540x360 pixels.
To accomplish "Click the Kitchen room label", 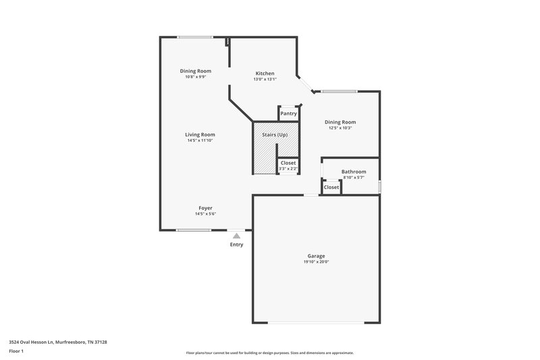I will (x=265, y=74).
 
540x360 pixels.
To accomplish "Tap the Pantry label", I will (x=288, y=113).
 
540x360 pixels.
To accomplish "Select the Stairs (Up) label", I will (x=275, y=135).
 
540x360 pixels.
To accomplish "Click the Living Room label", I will (x=200, y=134).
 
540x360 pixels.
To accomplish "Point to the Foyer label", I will (x=205, y=208).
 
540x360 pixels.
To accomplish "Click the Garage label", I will (x=316, y=256).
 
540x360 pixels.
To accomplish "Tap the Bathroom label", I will (x=353, y=172).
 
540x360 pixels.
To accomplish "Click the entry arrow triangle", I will (x=236, y=236).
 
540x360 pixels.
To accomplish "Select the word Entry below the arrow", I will (x=236, y=245).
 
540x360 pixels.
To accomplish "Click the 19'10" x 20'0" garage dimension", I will (x=316, y=262).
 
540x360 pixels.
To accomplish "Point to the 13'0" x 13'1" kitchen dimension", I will (x=265, y=79).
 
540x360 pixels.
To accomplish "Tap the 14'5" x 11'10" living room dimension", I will (x=200, y=140).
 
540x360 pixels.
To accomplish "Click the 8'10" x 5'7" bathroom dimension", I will (x=353, y=177).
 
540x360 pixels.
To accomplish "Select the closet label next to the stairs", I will (x=288, y=163).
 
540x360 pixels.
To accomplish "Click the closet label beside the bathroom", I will (x=331, y=187).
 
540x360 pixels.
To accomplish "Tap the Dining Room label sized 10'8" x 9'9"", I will (x=195, y=71).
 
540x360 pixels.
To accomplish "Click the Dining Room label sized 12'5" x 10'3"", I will (x=340, y=122).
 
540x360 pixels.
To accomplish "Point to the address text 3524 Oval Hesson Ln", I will (x=58, y=342).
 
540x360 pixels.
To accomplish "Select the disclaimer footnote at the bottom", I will (x=269, y=353).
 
